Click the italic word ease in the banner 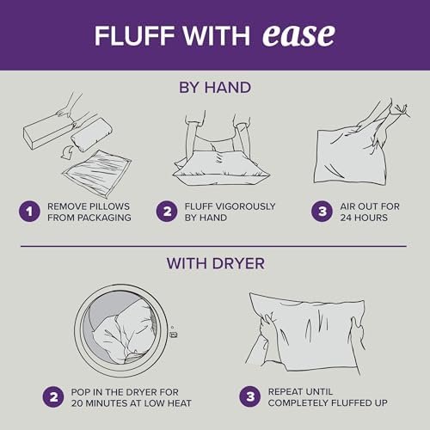pos(298,35)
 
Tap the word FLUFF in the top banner pos(134,36)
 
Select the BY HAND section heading pos(215,88)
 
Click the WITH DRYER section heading pos(216,263)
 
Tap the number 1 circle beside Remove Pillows pos(29,212)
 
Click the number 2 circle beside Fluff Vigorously pos(167,212)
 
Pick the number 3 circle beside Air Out pos(322,212)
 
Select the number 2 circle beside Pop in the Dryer pos(53,397)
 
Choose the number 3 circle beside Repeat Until pos(250,396)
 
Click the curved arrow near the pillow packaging pos(67,152)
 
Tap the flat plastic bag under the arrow pos(97,174)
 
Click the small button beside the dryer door pos(173,335)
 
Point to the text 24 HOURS pos(364,218)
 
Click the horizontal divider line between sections pos(213,246)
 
